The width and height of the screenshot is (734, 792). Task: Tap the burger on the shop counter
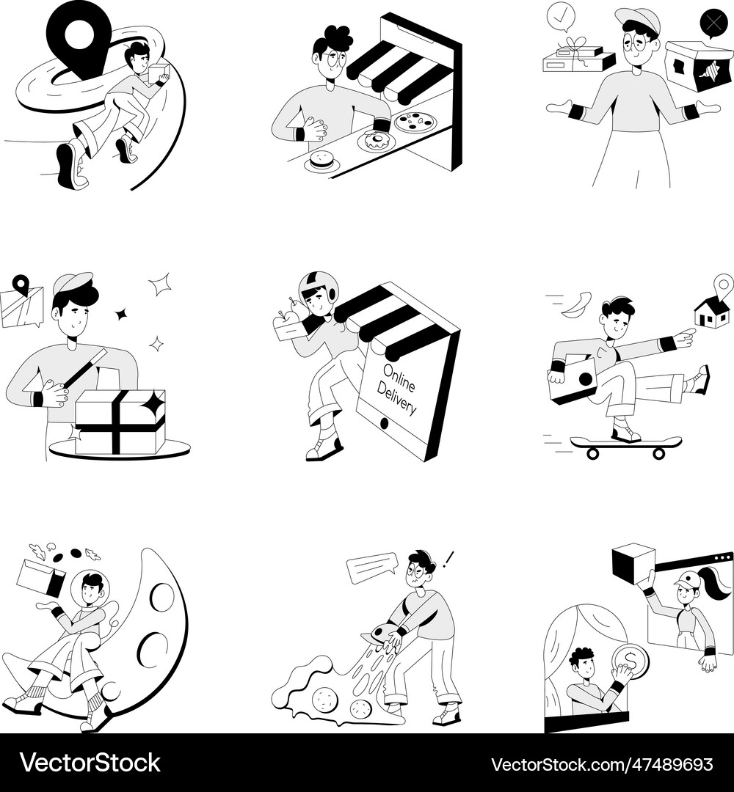321,160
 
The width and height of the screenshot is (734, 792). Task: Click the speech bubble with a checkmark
561,16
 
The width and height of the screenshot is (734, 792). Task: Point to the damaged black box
697,67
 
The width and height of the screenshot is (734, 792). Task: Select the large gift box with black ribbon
121,422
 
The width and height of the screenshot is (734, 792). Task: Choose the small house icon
712,312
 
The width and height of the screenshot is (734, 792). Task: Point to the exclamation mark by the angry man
447,560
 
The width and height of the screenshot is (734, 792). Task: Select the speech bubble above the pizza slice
372,568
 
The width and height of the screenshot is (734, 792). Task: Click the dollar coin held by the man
631,660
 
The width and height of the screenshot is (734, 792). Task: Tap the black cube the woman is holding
633,563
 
